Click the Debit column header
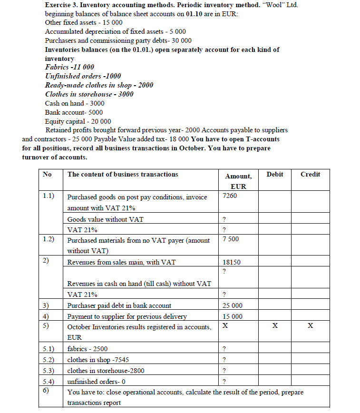(x=274, y=175)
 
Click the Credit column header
(x=310, y=175)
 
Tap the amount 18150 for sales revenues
(x=232, y=262)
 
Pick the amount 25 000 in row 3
(x=232, y=305)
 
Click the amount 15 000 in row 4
(x=232, y=316)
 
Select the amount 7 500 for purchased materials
(x=231, y=239)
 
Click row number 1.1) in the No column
(x=48, y=196)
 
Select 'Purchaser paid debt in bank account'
(x=119, y=305)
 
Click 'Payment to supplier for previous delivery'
(x=127, y=316)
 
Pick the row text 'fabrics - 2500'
(x=88, y=349)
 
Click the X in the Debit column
(x=274, y=326)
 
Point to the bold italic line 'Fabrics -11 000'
(x=69, y=67)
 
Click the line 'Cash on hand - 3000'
(x=75, y=103)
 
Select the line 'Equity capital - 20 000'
(x=78, y=121)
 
